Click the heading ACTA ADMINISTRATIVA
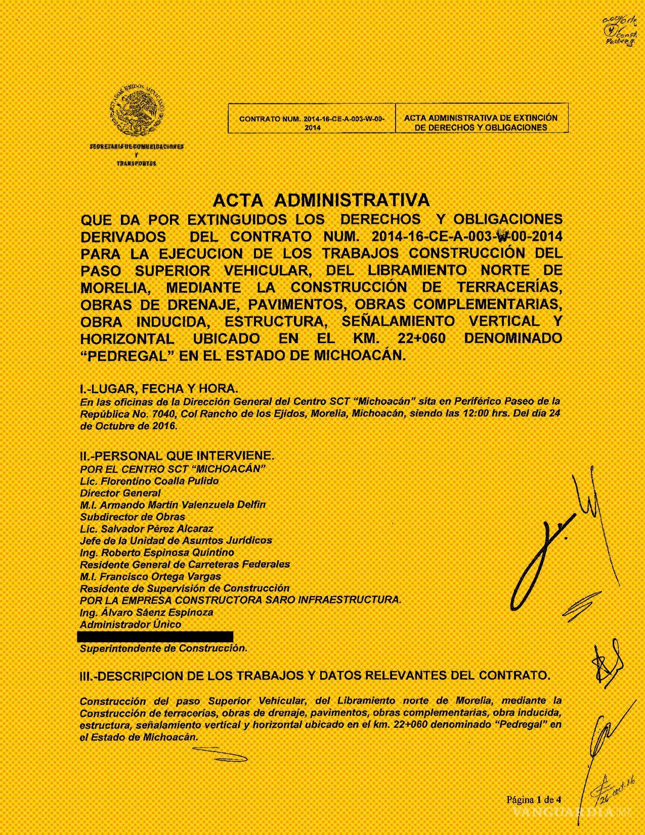(321, 200)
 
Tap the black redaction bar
(155, 636)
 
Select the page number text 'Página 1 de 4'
(534, 800)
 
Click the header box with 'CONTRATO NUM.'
(312, 122)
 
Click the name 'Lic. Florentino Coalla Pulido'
(149, 481)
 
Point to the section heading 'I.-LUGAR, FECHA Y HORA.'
(158, 389)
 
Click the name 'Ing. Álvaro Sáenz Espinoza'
(147, 612)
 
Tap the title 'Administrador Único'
(131, 624)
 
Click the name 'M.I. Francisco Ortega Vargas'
(150, 576)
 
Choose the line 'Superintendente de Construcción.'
(163, 648)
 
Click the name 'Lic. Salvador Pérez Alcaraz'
(147, 529)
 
